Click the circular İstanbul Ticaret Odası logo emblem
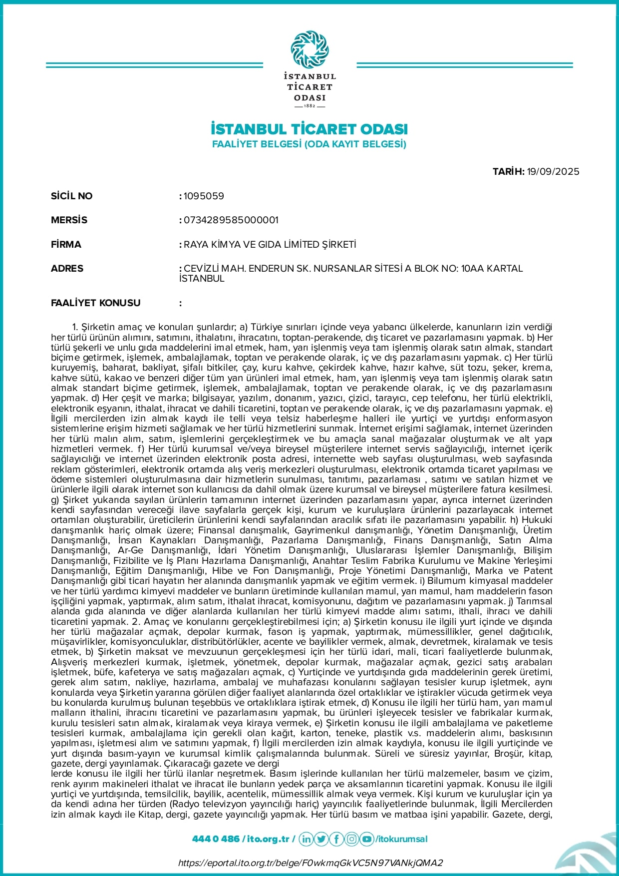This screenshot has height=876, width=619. click(309, 49)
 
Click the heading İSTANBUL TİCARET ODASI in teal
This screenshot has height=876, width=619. click(309, 129)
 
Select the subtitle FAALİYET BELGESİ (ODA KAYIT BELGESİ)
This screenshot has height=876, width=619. click(309, 144)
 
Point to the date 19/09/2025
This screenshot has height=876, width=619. click(553, 171)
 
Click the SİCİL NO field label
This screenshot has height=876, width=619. click(71, 196)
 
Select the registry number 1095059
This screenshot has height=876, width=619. click(204, 196)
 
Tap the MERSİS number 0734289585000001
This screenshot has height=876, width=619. click(231, 220)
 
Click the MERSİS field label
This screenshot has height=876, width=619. click(69, 220)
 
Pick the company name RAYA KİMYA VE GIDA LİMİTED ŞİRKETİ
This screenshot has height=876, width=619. click(270, 244)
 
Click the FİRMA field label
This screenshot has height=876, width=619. click(66, 244)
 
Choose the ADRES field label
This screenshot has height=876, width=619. click(67, 268)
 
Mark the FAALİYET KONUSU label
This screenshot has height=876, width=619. click(95, 303)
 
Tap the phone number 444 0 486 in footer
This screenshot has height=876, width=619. click(216, 839)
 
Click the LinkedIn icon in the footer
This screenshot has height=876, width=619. click(306, 839)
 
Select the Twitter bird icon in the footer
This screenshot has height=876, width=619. click(321, 839)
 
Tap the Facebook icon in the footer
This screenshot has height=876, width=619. click(336, 839)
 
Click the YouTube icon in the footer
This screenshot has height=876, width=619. click(367, 839)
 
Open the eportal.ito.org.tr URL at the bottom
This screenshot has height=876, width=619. click(310, 863)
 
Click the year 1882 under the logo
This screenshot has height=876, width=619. click(309, 106)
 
